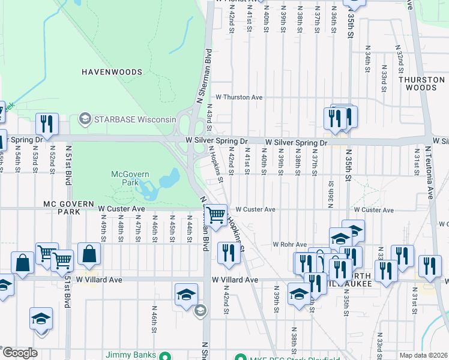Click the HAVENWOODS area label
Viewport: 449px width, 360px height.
(x=112, y=72)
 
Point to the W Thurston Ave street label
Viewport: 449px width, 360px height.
(x=239, y=97)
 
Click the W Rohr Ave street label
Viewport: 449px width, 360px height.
(x=291, y=244)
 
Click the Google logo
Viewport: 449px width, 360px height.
(x=20, y=353)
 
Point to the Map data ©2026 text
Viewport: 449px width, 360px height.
(x=423, y=355)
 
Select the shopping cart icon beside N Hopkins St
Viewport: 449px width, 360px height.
(x=215, y=214)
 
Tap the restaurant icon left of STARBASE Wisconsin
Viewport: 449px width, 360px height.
(x=46, y=124)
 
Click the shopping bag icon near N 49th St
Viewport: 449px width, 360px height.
(x=89, y=254)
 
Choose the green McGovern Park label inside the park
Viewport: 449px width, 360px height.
(x=125, y=178)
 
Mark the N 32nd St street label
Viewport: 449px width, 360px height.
(x=399, y=54)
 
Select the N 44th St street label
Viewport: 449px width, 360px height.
(x=189, y=228)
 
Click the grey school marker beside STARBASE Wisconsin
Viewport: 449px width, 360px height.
(x=84, y=118)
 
